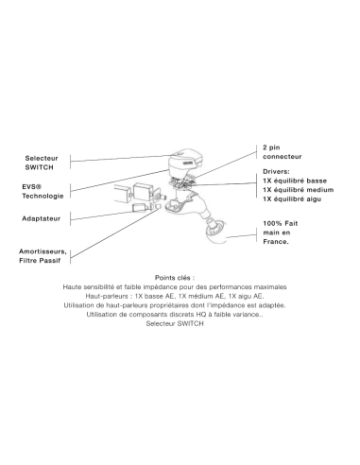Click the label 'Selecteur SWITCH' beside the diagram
click(x=42, y=163)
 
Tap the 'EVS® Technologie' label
click(x=43, y=191)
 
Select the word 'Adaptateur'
click(x=41, y=218)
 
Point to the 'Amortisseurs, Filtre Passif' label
click(x=43, y=256)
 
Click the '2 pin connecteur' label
click(x=283, y=152)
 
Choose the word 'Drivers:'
click(x=276, y=171)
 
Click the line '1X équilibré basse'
click(x=295, y=181)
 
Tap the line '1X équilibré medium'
click(x=299, y=190)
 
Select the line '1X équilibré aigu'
click(x=292, y=198)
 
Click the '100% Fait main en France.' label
click(x=281, y=232)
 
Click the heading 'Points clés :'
click(x=175, y=278)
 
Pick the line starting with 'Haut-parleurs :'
click(x=175, y=296)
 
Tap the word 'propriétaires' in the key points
click(x=177, y=305)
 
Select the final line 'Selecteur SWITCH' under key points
click(x=175, y=323)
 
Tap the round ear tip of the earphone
click(x=216, y=232)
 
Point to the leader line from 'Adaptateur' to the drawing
click(x=106, y=215)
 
